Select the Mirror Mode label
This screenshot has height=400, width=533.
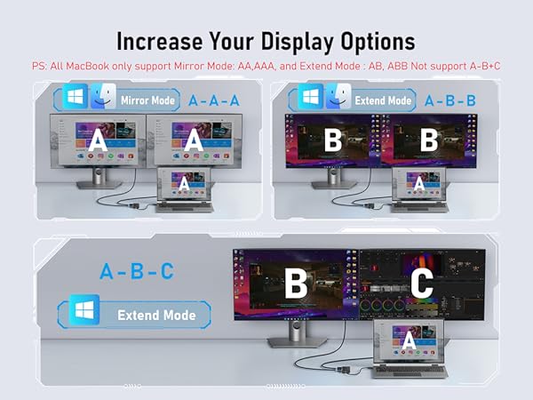pyautogui.click(x=147, y=100)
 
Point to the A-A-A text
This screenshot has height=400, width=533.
pyautogui.click(x=213, y=100)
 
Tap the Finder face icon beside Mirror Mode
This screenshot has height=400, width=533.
pyautogui.click(x=102, y=99)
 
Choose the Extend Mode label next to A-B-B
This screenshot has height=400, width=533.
pyautogui.click(x=383, y=100)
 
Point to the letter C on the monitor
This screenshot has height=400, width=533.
pyautogui.click(x=422, y=284)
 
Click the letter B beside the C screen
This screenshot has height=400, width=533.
pyautogui.click(x=295, y=284)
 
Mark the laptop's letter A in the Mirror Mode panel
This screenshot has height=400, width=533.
pyautogui.click(x=183, y=183)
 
